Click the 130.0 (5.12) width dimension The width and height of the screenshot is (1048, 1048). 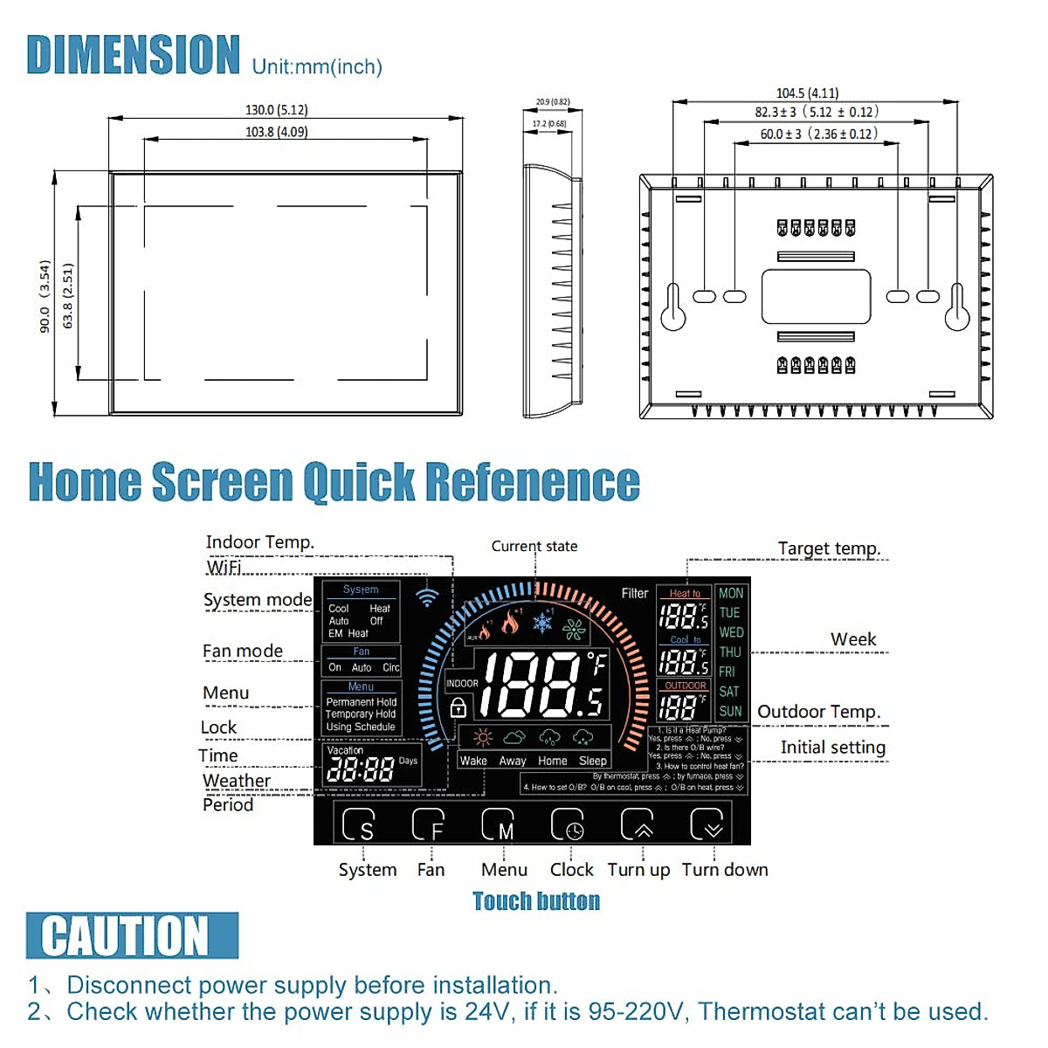tap(276, 110)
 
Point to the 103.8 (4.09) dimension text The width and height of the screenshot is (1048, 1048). tap(276, 132)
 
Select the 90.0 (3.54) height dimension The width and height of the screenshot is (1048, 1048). tap(45, 296)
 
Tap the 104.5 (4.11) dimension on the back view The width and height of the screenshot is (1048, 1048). tap(807, 93)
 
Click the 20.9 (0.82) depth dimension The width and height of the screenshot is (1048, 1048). tap(552, 102)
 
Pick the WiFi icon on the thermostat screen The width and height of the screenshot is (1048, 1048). tap(427, 596)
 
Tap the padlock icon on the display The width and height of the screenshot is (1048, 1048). tap(458, 707)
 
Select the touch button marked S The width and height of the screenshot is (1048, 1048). tap(358, 824)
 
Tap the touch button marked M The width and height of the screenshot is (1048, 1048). tap(498, 824)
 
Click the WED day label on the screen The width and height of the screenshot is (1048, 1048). tap(731, 632)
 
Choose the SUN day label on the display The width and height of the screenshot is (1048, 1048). tap(730, 711)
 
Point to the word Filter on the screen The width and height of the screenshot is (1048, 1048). tap(635, 593)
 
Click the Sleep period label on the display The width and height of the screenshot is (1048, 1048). tap(592, 761)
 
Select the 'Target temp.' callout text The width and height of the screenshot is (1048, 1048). tap(829, 548)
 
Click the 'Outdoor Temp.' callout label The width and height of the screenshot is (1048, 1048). tap(818, 712)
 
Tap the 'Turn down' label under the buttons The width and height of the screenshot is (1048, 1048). tap(725, 870)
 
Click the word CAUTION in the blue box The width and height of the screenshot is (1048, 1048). tap(126, 935)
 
